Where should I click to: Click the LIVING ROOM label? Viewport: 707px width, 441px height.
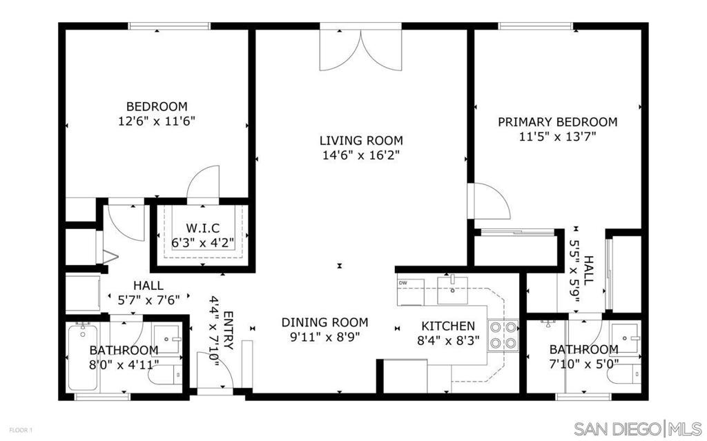[x=361, y=141]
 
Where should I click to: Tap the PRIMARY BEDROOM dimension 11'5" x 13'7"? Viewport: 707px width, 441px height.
[x=558, y=137]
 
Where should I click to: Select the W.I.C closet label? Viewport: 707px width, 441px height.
[x=203, y=228]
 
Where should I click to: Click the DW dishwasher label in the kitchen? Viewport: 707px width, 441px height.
[x=403, y=283]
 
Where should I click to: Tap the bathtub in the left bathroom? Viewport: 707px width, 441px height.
[x=83, y=357]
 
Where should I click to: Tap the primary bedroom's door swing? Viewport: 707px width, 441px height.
[x=489, y=201]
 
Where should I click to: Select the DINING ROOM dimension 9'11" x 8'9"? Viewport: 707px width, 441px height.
[x=325, y=337]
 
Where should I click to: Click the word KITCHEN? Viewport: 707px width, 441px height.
[x=448, y=326]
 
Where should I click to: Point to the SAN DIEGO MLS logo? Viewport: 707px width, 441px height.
[x=637, y=427]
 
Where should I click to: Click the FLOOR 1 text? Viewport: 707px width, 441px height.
[x=21, y=430]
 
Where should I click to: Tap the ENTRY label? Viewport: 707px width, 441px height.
[x=229, y=330]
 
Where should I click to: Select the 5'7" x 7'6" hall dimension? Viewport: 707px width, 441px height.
[x=149, y=299]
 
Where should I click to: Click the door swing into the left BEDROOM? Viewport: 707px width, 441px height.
[x=203, y=182]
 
